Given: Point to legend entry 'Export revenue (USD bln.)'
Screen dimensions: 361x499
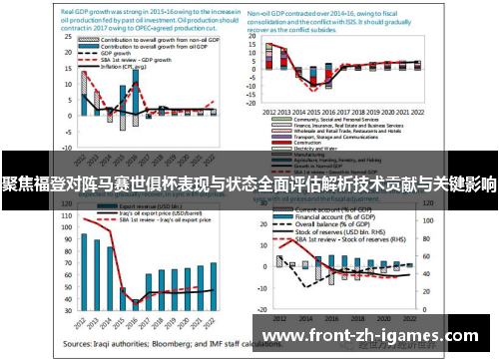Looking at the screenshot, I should tap(140, 209).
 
